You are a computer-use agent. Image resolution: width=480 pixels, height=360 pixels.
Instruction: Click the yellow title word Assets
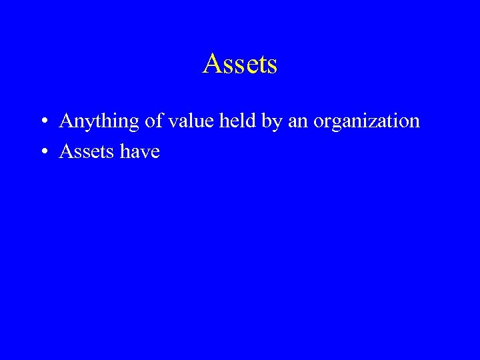click(x=240, y=64)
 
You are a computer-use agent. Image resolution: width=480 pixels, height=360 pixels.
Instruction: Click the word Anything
click(x=97, y=122)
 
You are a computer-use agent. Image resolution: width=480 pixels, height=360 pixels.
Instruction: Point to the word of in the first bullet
click(x=150, y=121)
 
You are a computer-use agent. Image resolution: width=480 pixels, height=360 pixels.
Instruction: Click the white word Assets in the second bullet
click(x=87, y=152)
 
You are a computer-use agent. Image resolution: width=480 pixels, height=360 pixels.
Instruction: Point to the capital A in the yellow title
click(x=211, y=64)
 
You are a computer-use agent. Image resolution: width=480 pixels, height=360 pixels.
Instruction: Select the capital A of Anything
click(x=66, y=121)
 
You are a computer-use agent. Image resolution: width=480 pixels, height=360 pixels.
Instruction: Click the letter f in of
click(x=155, y=121)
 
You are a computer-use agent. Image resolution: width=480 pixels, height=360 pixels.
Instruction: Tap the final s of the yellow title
click(x=272, y=65)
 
